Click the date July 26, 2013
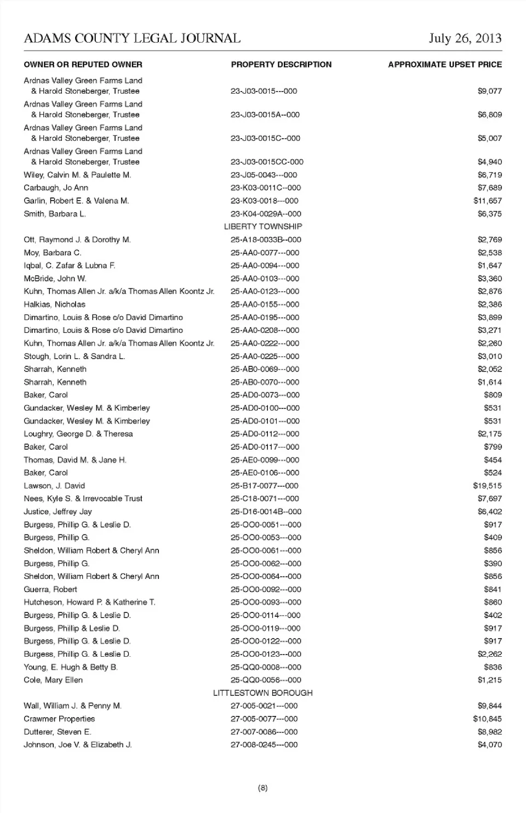pos(465,38)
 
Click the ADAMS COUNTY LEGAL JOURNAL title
pos(132,38)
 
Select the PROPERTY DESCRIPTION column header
pos(281,65)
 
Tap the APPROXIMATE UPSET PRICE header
pos(444,65)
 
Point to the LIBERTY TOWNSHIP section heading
pos(263,226)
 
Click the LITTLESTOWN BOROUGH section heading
pos(263,693)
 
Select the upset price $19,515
pos(487,486)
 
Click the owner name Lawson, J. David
pos(54,486)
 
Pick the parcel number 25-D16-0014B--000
pos(266,511)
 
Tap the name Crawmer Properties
pos(59,719)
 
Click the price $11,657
pos(487,201)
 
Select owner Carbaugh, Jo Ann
pos(56,187)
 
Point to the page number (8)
pos(263,788)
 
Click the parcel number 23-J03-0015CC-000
pos(267,162)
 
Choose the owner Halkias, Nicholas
pos(54,304)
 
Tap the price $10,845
pos(487,719)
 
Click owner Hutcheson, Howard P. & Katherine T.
pos(89,602)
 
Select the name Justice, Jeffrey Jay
pos(58,511)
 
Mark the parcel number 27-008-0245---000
pos(264,744)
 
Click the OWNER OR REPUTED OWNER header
pos(83,65)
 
